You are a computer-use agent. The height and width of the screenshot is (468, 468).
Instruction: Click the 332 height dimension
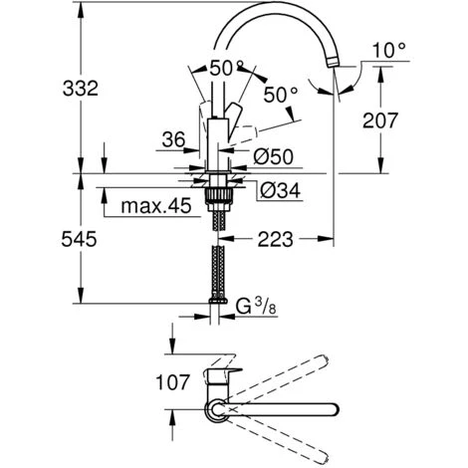coord(81,89)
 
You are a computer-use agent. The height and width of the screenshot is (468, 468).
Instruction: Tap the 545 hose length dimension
coord(79,239)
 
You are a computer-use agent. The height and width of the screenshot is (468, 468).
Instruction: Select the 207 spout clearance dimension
coord(379,120)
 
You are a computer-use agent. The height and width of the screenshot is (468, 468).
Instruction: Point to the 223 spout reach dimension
coord(276,239)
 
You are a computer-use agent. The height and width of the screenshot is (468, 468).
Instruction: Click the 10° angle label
coord(389,51)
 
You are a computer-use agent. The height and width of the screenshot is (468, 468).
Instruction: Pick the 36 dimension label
coord(173,139)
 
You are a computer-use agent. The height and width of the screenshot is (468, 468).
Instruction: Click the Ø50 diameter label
coord(273,156)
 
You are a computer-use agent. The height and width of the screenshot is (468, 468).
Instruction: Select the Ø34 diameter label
coord(280,190)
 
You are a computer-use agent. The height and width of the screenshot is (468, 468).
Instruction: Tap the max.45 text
coord(156,206)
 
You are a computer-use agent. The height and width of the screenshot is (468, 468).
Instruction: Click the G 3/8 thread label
coord(256,307)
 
